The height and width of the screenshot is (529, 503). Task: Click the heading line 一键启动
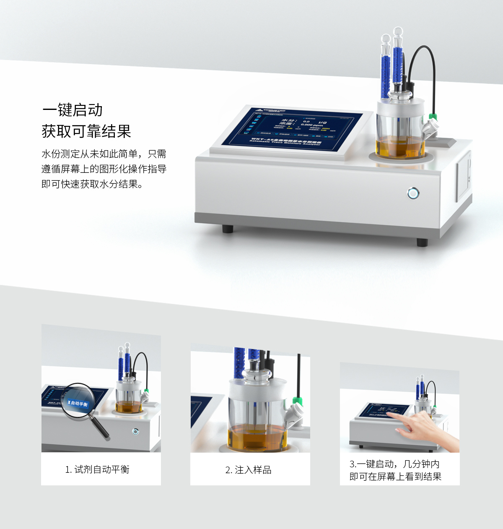click(73, 110)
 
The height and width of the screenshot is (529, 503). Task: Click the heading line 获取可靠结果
click(86, 131)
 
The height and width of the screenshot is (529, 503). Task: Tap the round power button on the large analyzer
click(413, 193)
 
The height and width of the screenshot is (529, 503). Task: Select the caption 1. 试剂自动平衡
click(97, 469)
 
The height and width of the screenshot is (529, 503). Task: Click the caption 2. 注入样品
click(249, 470)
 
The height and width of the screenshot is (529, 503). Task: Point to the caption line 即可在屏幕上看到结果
click(395, 477)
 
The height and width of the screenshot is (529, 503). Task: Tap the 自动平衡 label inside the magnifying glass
click(78, 404)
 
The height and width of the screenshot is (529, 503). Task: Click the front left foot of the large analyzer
click(228, 229)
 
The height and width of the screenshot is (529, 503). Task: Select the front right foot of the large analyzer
click(422, 242)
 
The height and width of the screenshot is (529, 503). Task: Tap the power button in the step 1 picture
click(135, 431)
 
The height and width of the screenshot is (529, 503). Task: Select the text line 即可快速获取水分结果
click(92, 184)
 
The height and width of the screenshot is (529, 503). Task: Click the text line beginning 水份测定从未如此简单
click(104, 154)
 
